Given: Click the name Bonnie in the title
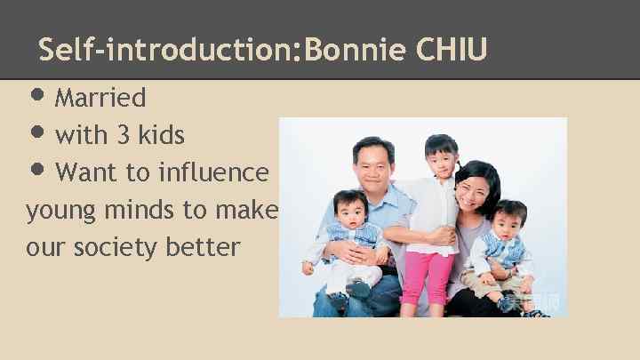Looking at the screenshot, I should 355,50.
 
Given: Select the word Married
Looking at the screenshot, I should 100,97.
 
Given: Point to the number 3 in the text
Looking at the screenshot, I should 124,135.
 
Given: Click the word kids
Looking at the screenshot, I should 161,135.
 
